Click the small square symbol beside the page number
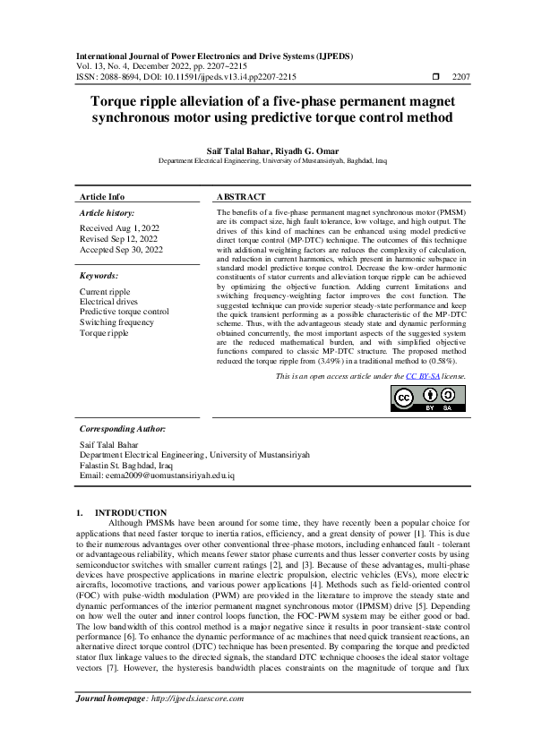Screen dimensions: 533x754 [x=434, y=77]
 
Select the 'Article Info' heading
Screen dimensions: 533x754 [x=102, y=197]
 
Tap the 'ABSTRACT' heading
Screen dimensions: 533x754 [x=242, y=197]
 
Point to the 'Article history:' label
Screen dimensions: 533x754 [x=107, y=214]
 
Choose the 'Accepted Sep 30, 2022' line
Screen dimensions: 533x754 [x=122, y=251]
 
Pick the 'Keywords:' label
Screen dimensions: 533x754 [x=99, y=277]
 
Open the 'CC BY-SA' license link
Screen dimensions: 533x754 [x=423, y=377]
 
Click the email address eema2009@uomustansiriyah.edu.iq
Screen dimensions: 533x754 [x=157, y=476]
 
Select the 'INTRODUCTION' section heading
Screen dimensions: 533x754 [x=130, y=512]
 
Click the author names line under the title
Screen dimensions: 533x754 [x=266, y=150]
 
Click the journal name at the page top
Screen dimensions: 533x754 [x=216, y=56]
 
